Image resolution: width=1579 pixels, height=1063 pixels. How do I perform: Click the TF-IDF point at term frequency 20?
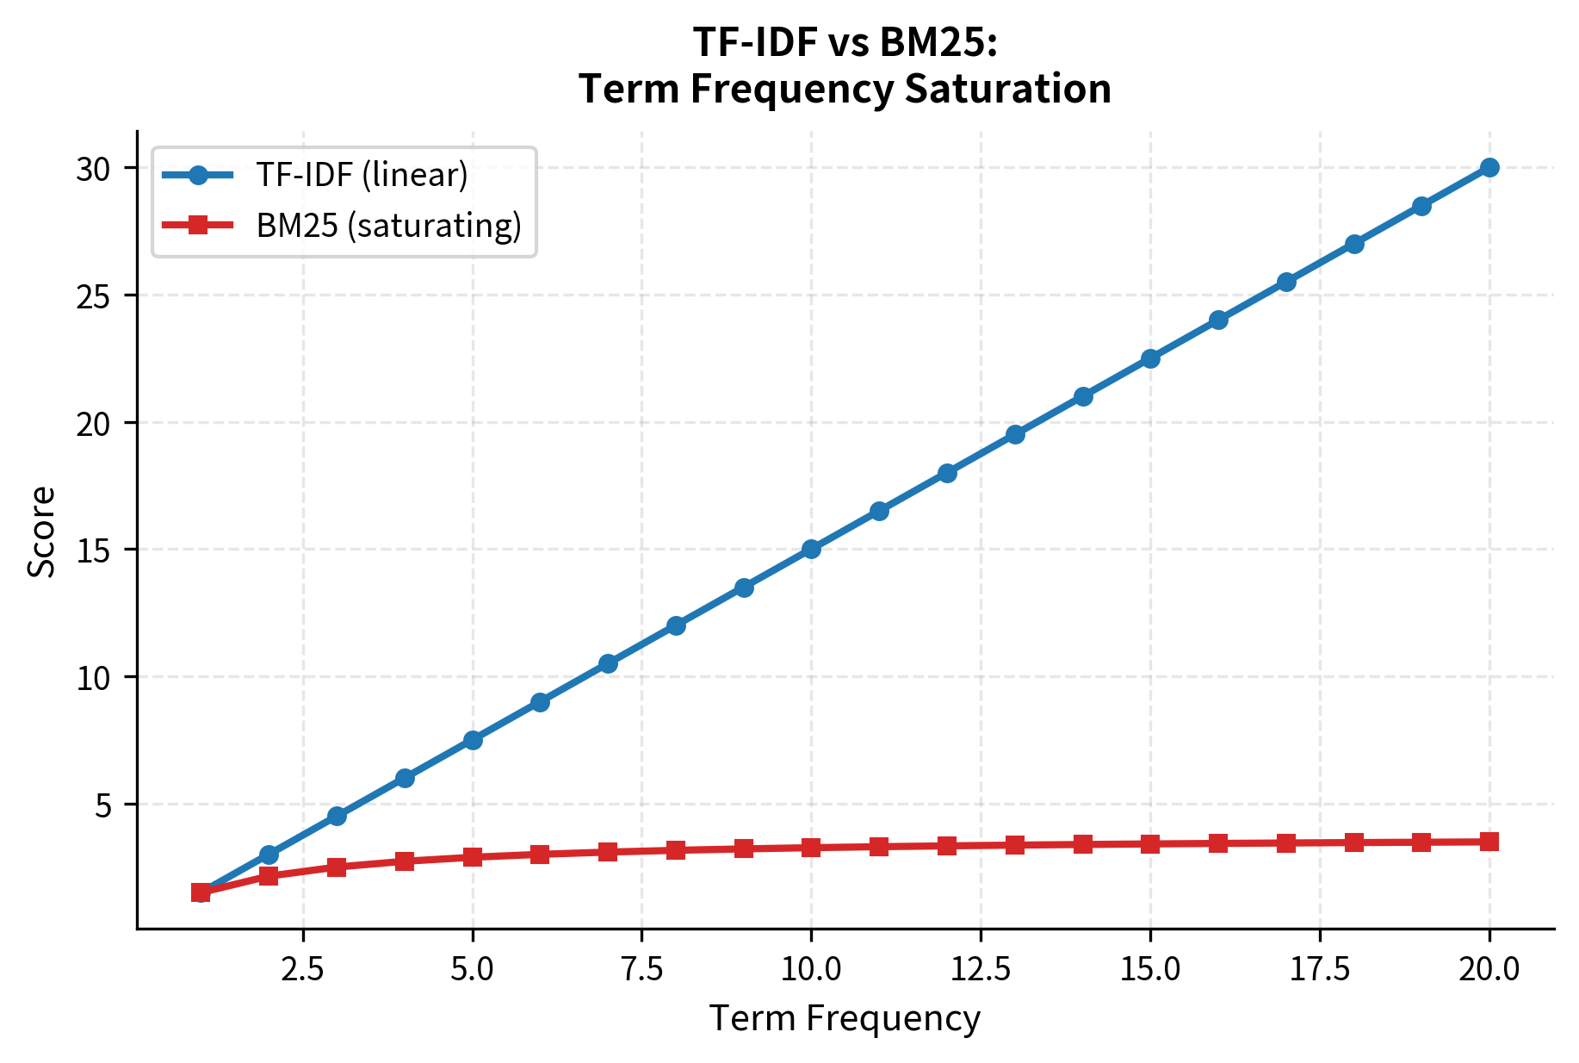click(1489, 167)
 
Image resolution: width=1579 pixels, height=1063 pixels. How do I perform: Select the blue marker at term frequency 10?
click(811, 549)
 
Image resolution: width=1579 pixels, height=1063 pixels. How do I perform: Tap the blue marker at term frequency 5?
click(472, 740)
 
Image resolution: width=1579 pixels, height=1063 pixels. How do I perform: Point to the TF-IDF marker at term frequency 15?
click(1150, 358)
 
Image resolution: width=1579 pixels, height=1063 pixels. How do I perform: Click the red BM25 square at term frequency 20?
click(1489, 842)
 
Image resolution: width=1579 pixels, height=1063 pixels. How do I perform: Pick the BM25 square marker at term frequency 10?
click(811, 848)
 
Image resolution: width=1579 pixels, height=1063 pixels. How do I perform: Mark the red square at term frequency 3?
click(337, 867)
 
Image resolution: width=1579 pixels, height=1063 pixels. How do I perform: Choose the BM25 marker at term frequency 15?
click(1150, 844)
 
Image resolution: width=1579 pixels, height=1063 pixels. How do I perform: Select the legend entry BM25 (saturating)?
click(388, 226)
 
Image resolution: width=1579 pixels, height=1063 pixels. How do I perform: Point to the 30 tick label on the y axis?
click(94, 170)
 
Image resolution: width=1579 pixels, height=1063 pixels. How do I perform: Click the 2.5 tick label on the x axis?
click(302, 969)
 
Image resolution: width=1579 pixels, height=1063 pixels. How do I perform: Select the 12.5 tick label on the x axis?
click(980, 969)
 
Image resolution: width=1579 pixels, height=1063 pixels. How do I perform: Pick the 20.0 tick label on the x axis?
click(1489, 969)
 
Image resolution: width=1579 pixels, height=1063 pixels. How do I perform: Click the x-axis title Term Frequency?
click(845, 1019)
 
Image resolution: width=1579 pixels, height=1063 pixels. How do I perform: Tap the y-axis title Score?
click(41, 531)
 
